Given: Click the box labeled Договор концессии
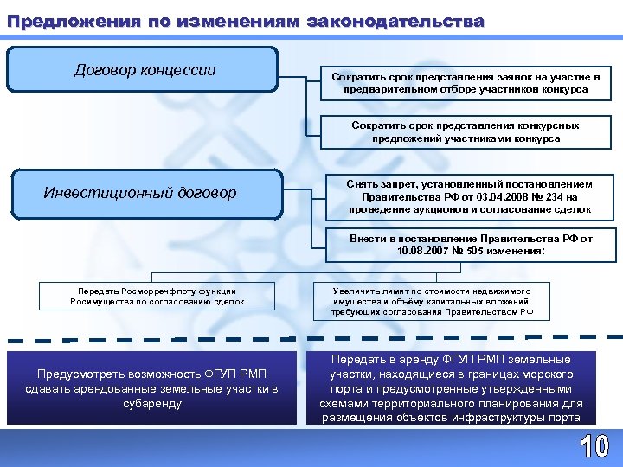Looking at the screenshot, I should pos(144,70).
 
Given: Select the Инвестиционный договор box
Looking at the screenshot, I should pos(144,193).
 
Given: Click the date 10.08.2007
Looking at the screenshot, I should pos(423,252).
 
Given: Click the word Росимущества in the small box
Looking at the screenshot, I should pos(102,302).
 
